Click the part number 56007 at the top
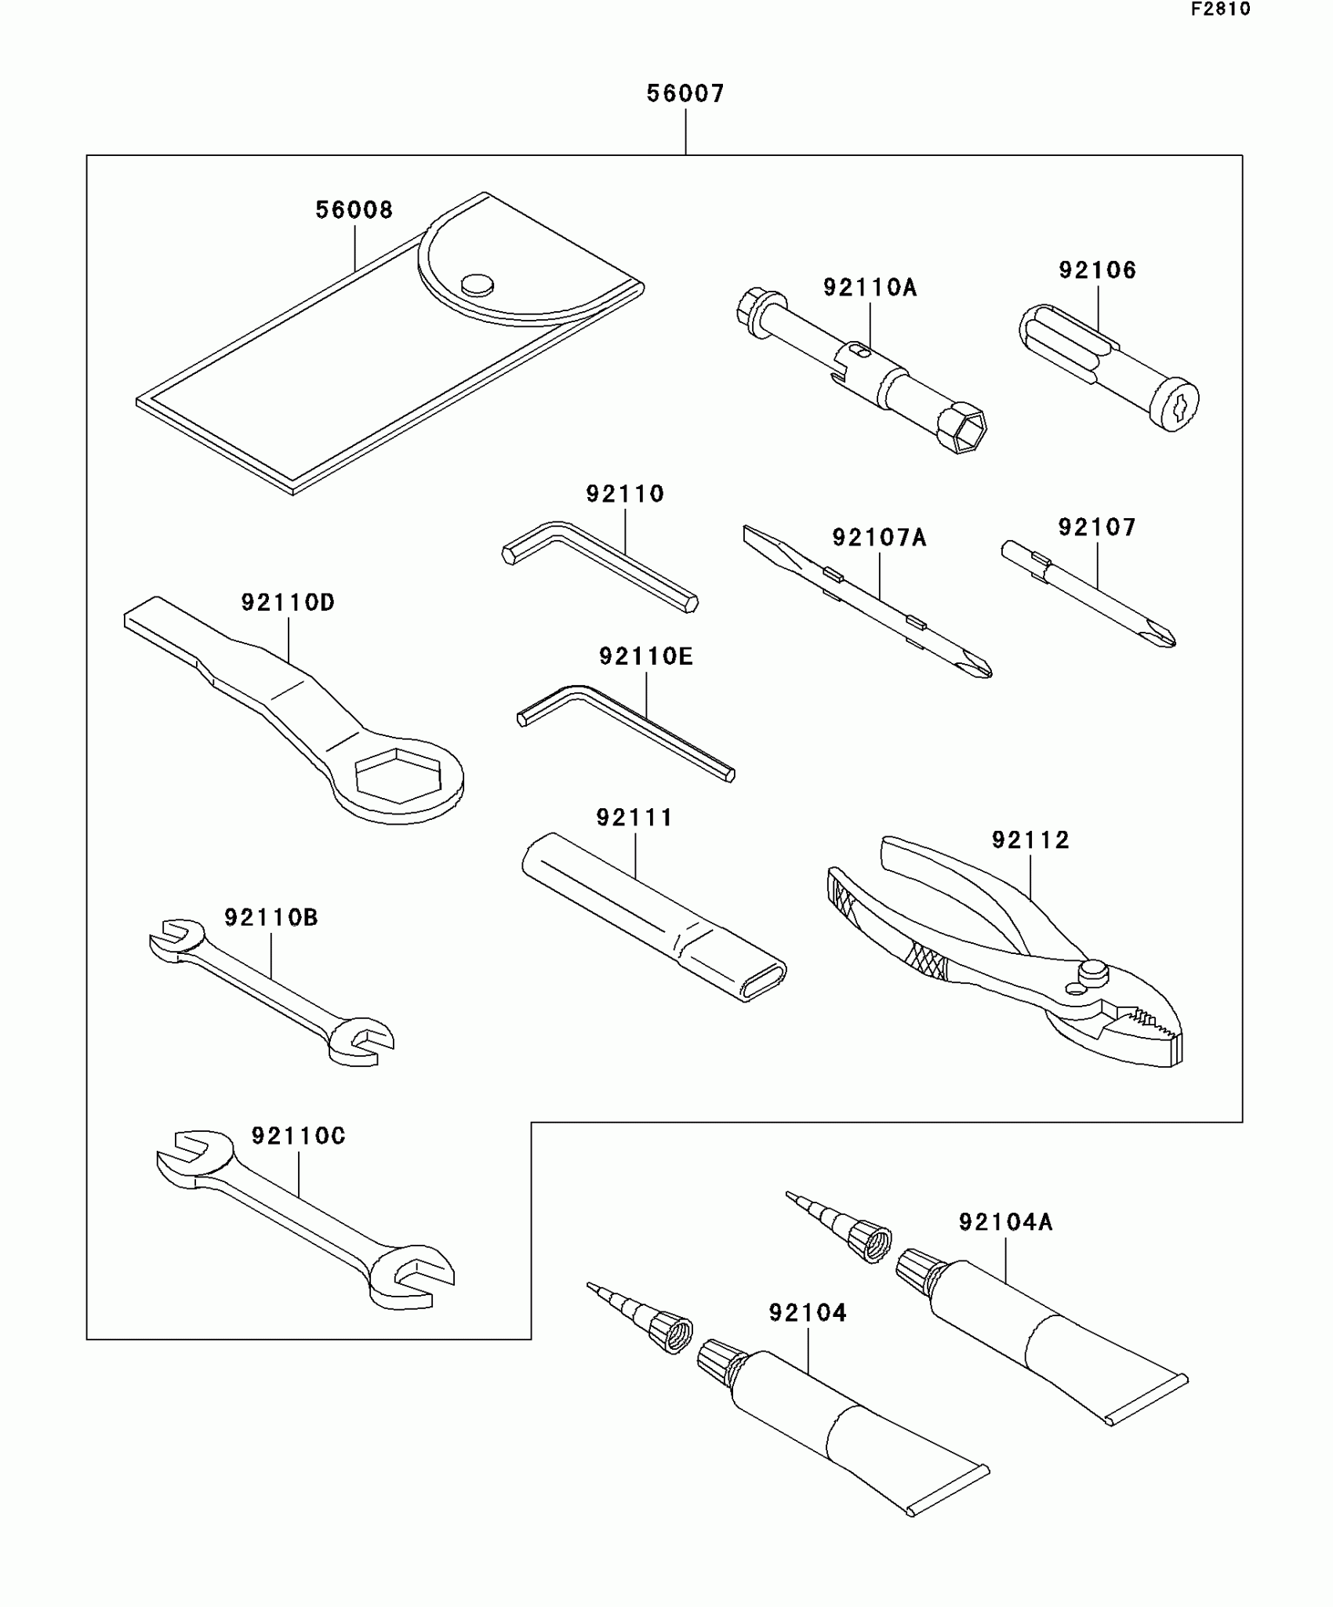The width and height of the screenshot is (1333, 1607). [x=685, y=94]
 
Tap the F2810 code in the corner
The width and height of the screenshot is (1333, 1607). [x=1221, y=9]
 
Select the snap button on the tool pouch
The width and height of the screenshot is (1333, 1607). [x=477, y=285]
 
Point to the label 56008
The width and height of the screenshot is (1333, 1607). [x=354, y=210]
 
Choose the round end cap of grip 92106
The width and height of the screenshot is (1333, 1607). [x=1176, y=405]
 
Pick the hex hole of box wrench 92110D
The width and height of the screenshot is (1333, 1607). [x=398, y=775]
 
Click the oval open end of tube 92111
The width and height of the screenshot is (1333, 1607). [x=763, y=981]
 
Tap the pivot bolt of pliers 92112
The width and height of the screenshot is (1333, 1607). [x=1093, y=972]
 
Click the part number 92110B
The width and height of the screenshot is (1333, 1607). [x=271, y=918]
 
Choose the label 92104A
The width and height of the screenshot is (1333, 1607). [x=1005, y=1222]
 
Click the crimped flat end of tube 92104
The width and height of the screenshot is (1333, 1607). [x=949, y=1489]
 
